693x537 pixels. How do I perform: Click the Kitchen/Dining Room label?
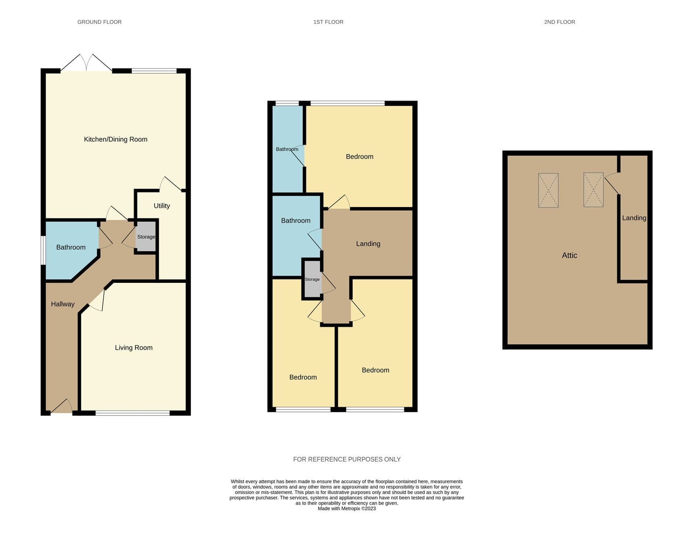click(116, 139)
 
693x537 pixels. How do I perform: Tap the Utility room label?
click(162, 206)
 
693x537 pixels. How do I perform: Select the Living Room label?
click(134, 348)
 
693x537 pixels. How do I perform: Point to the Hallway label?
click(62, 304)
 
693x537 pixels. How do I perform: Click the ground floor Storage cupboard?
click(146, 237)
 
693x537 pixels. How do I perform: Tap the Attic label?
click(570, 255)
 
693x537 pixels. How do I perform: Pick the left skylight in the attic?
click(548, 191)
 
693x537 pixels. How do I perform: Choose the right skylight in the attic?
click(593, 190)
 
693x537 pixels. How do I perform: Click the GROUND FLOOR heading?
click(100, 22)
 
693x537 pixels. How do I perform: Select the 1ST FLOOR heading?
click(329, 22)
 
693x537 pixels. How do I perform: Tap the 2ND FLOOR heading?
click(560, 22)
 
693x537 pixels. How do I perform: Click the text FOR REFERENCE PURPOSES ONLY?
click(347, 459)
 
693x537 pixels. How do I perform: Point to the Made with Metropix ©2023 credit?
click(347, 509)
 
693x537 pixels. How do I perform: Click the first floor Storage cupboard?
click(312, 279)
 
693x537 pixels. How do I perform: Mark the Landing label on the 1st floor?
click(368, 244)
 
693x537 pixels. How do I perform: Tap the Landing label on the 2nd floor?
click(634, 218)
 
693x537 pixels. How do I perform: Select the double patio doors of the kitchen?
click(86, 63)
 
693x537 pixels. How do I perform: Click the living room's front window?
click(133, 413)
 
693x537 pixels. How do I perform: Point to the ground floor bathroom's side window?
click(43, 250)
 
